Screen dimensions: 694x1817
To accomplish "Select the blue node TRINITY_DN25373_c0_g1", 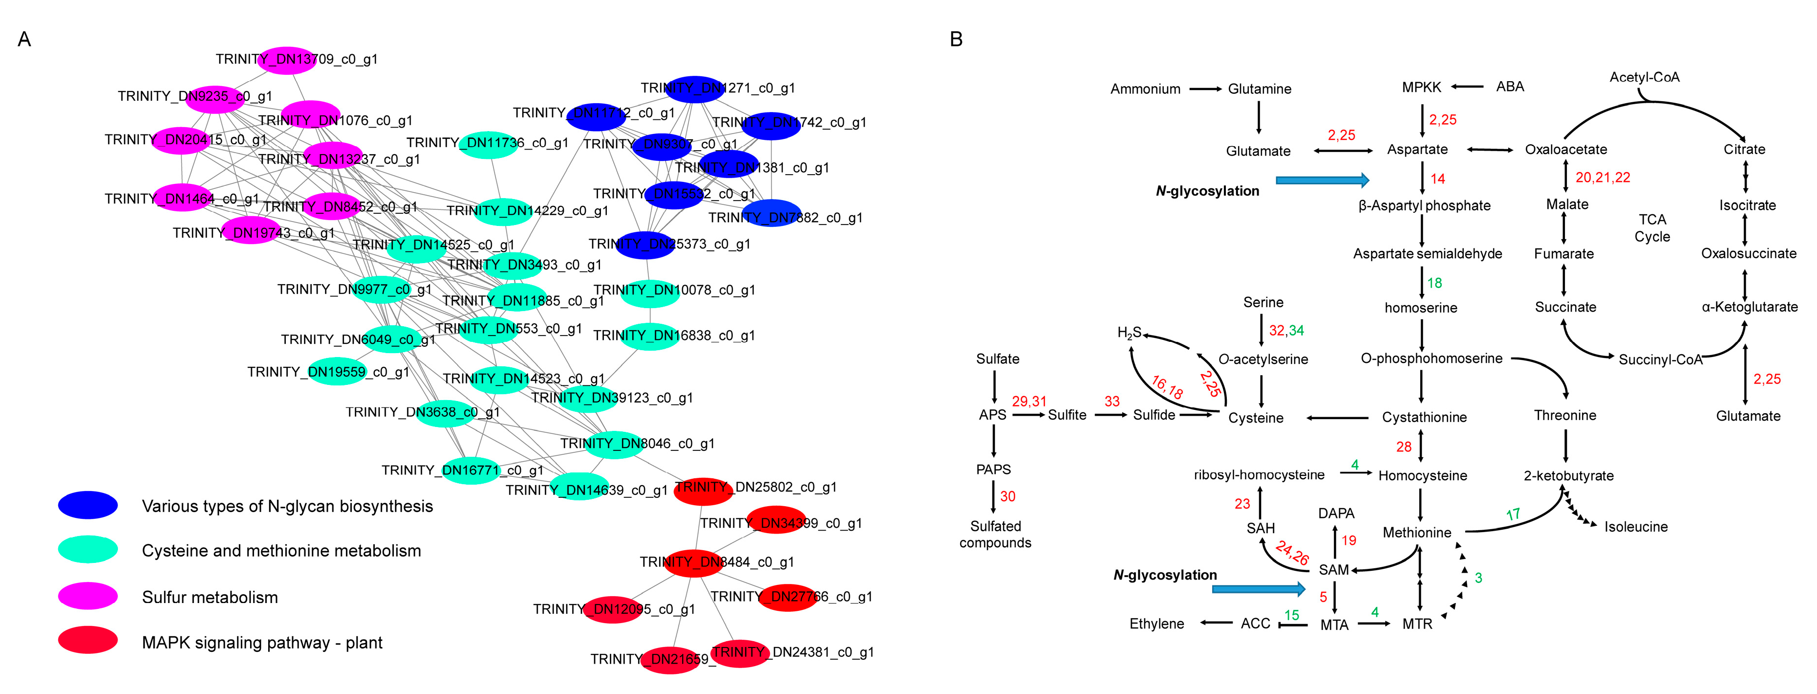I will (x=645, y=245).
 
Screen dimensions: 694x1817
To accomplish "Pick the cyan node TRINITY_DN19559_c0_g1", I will (x=337, y=372).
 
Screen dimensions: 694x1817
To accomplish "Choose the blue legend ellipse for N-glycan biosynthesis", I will (x=88, y=505).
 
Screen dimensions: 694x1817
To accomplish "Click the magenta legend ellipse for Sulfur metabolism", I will (x=88, y=596).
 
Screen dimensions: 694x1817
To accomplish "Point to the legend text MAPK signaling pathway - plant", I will (x=262, y=643).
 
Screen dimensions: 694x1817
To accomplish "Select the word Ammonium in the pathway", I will (x=1145, y=89).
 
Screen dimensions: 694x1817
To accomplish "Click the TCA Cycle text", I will (x=1652, y=228).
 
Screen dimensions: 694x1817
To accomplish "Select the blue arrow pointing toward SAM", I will (x=1258, y=589).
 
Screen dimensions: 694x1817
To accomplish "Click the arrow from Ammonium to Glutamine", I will (x=1205, y=89).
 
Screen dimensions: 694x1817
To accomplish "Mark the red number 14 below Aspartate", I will (x=1438, y=179).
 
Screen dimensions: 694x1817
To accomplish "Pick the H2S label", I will (x=1128, y=333).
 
